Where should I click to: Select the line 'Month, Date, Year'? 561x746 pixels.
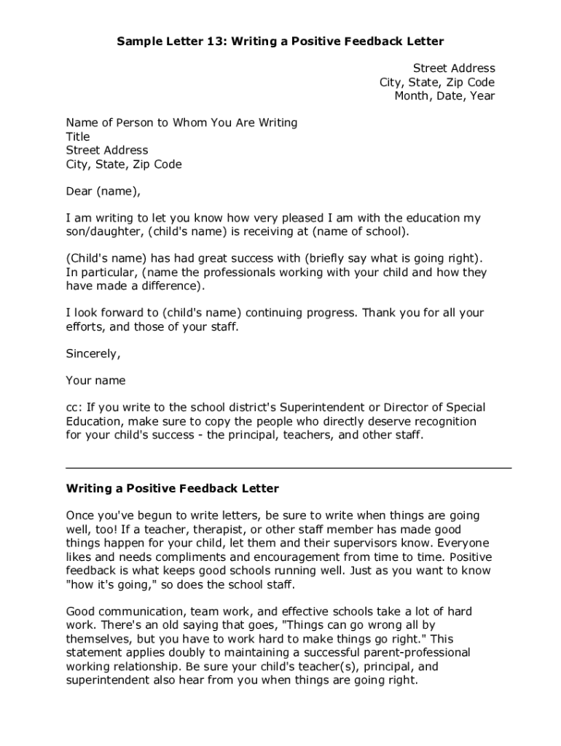(x=444, y=96)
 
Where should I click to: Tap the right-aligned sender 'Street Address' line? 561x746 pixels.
(x=454, y=68)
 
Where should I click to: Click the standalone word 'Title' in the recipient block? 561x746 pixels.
(x=78, y=137)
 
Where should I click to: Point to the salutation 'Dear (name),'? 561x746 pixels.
(x=102, y=192)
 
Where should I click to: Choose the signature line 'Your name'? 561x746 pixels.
(x=95, y=381)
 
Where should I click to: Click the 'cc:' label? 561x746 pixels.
(x=74, y=408)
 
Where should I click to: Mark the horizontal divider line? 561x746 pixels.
(x=289, y=467)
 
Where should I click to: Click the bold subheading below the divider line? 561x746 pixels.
(x=173, y=488)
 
